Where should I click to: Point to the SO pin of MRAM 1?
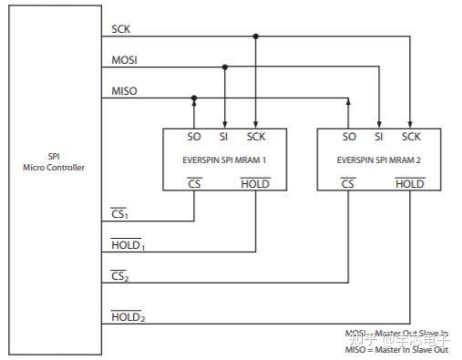pos(194,137)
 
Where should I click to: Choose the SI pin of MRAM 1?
pos(224,137)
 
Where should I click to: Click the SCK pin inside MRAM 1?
pos(256,137)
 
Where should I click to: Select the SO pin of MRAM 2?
pos(348,137)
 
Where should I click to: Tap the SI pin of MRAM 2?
pos(378,137)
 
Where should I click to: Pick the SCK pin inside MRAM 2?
pos(411,137)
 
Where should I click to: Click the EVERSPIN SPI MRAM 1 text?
pos(225,159)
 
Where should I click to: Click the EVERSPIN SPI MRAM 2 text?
pos(380,159)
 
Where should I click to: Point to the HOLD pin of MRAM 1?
pos(255,183)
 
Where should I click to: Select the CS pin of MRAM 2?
pos(348,183)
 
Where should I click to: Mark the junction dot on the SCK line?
pos(256,36)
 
